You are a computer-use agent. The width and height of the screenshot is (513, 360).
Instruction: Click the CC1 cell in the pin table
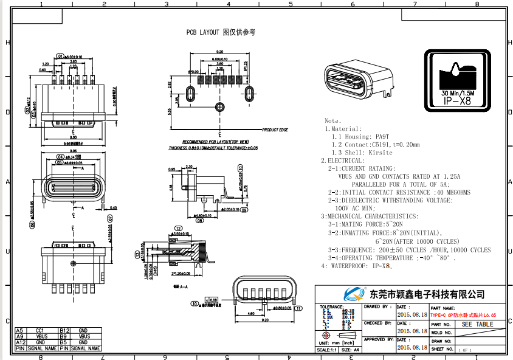click(40, 330)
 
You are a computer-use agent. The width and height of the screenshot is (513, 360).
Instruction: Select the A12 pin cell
click(20, 342)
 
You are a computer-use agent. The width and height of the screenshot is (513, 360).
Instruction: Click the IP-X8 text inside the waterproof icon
click(458, 101)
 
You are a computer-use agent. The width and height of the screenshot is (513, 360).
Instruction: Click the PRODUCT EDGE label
click(275, 130)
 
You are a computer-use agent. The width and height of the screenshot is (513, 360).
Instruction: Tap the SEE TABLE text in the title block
click(478, 324)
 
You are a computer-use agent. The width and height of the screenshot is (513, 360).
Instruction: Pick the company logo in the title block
click(353, 294)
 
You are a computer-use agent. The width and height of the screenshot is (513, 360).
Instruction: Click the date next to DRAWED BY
click(412, 315)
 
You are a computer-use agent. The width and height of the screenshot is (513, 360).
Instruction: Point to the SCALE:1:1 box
click(326, 350)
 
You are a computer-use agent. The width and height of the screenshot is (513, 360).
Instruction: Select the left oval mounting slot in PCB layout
click(190, 94)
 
